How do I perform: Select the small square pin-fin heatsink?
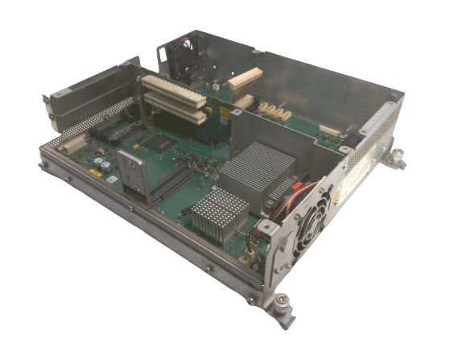[x=220, y=212]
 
